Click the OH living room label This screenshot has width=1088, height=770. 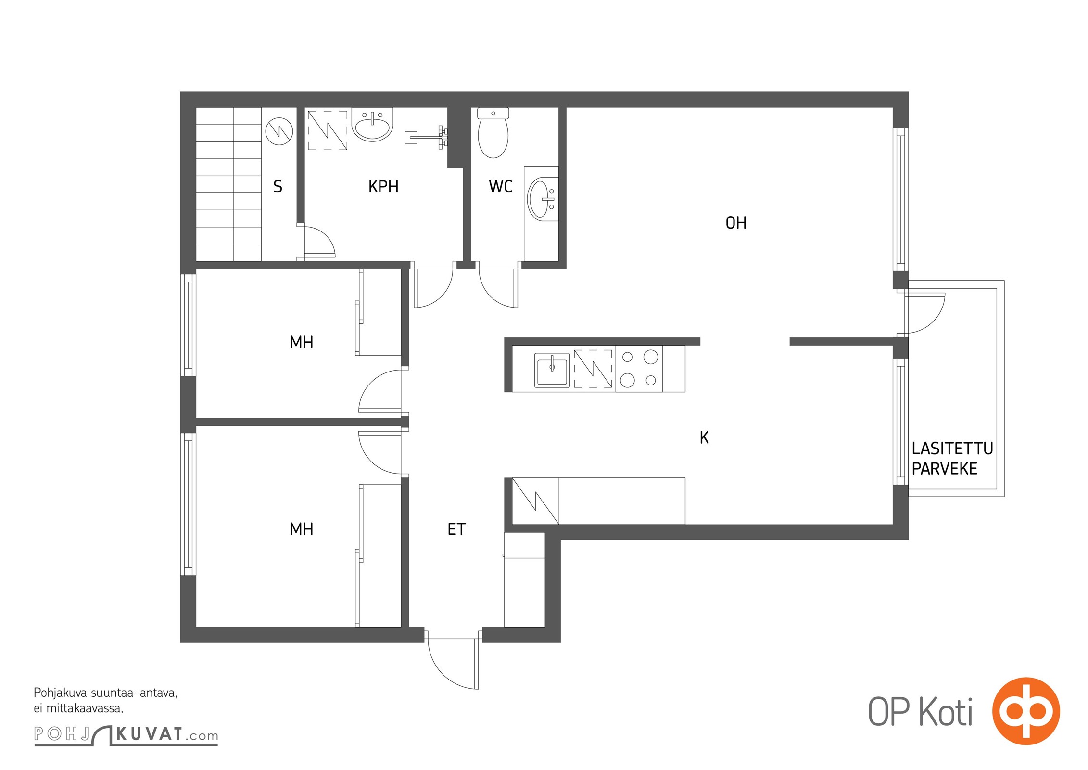[736, 223]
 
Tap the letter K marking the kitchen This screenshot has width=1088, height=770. [704, 437]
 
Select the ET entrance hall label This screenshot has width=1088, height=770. [456, 529]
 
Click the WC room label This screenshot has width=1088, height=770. [501, 187]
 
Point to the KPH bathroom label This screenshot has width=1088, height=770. [383, 187]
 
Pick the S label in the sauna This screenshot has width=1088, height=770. [278, 187]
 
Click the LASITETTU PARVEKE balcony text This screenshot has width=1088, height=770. [952, 459]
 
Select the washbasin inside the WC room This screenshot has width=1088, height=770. [543, 199]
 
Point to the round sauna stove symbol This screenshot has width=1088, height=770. [279, 131]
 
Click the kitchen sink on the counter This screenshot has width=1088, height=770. [552, 370]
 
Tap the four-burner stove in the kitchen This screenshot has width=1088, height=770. [639, 369]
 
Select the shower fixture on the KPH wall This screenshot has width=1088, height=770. [427, 137]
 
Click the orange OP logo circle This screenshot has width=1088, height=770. [1026, 711]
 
